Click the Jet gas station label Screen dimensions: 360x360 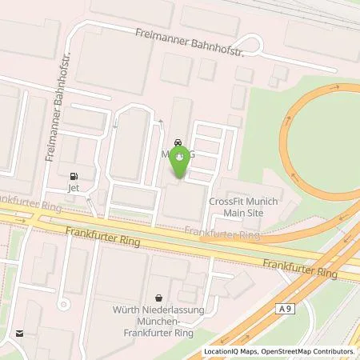point(74,190)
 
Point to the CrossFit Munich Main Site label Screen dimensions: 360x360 point(242,208)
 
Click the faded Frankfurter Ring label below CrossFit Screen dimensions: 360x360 point(223,233)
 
